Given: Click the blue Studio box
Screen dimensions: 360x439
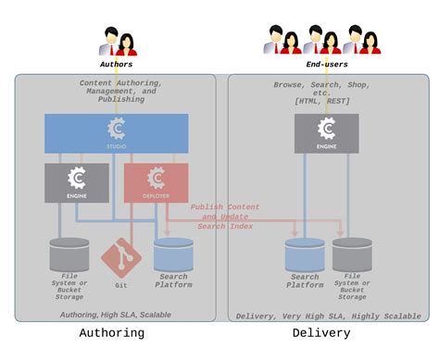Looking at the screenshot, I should [x=116, y=133].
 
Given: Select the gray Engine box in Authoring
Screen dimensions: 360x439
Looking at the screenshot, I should [x=76, y=182].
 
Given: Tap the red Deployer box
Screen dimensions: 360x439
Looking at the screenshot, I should [x=156, y=182].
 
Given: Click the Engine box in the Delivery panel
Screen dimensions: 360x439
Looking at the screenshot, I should [x=326, y=133].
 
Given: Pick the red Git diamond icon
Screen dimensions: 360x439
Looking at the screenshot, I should [x=119, y=254].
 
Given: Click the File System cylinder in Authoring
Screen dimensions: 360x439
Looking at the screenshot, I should [x=69, y=254].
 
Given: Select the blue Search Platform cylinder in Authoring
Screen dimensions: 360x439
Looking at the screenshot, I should [x=173, y=254].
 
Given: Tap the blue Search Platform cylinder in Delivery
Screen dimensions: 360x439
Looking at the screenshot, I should [x=304, y=254].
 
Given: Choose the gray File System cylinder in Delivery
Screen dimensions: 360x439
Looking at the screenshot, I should [x=352, y=254].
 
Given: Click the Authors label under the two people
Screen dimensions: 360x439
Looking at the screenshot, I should [x=116, y=65].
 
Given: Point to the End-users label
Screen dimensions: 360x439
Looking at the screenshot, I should [x=326, y=65].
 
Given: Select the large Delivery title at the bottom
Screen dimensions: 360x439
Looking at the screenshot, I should [x=321, y=333].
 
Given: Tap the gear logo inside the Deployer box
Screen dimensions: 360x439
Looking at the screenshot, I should [x=156, y=177].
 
